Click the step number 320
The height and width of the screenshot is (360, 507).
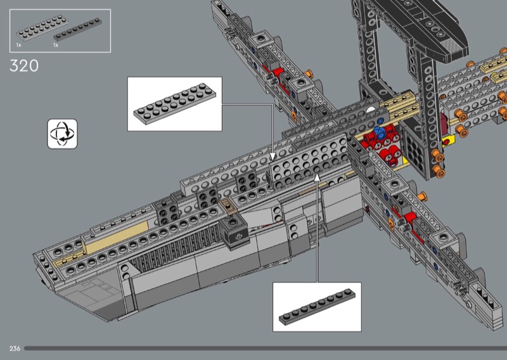coord(25,65)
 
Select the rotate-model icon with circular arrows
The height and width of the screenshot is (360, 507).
coord(62,133)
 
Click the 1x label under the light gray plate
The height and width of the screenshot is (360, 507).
coord(18,45)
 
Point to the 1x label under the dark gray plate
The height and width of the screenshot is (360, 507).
coord(56,45)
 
